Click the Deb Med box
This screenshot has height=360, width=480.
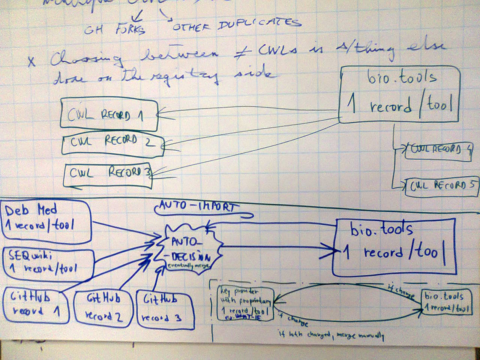point(47,220)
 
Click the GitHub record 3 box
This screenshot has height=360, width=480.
point(165,310)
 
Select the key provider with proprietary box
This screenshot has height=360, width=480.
point(246,304)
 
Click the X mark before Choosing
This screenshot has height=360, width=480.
point(31,61)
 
